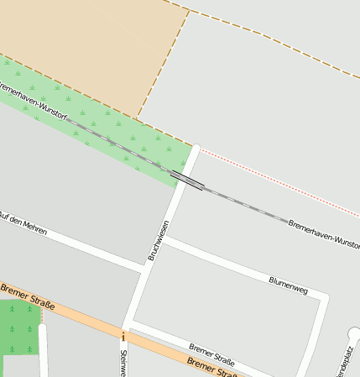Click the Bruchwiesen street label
point(159,239)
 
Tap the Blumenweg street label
point(288,285)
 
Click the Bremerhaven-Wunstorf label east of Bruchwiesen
point(323,234)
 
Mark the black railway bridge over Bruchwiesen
point(188,180)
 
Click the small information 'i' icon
point(123,337)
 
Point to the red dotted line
point(277,180)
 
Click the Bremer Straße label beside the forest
point(27,297)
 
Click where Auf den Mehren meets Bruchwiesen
point(140,270)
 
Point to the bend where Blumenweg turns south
point(322,299)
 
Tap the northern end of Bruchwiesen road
point(196,149)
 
